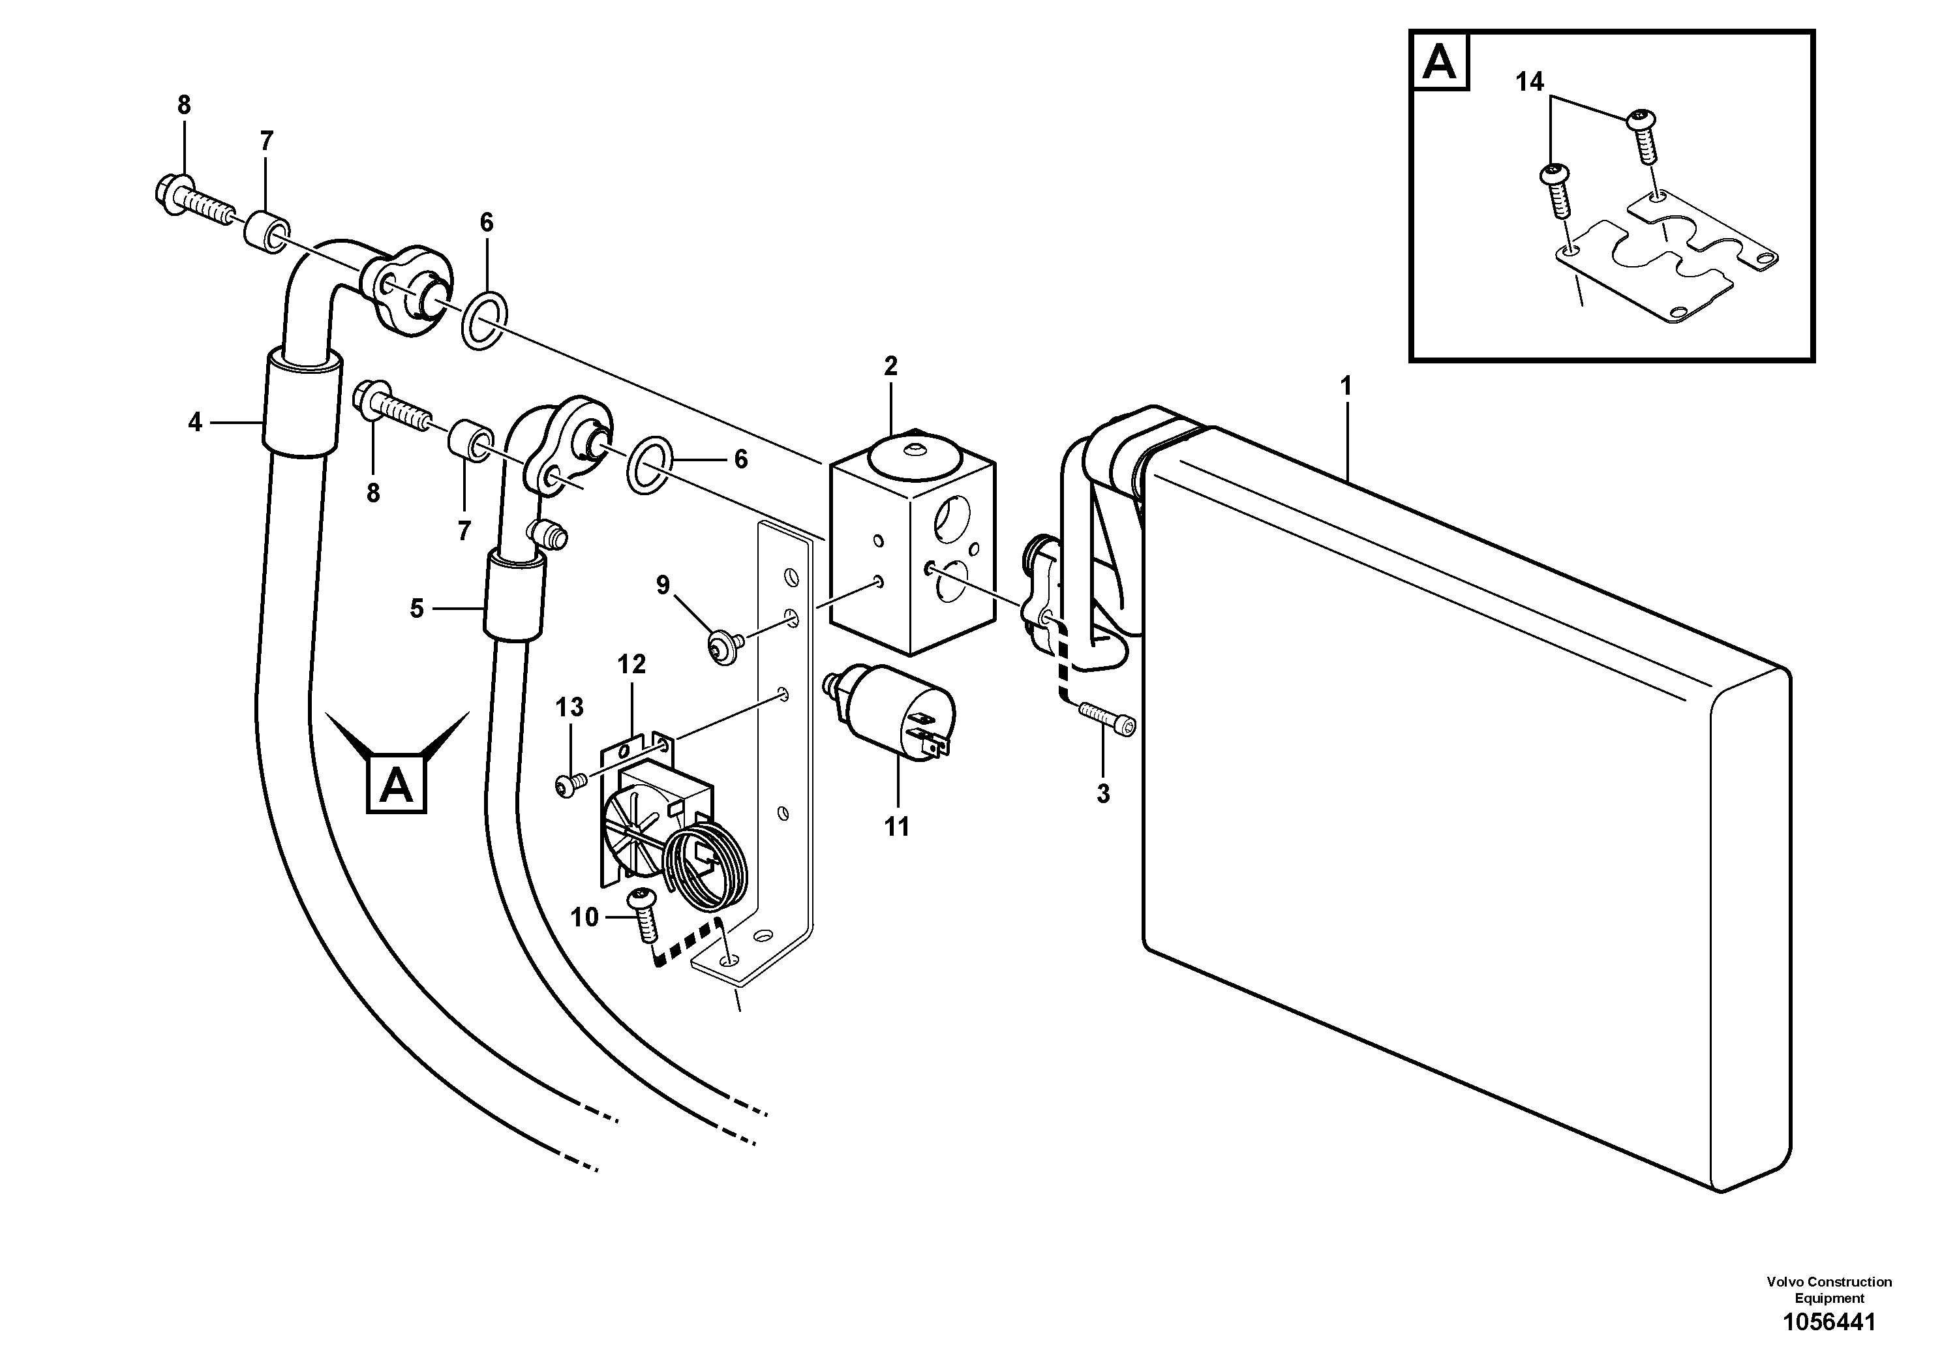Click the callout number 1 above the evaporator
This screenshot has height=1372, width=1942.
coord(1346,387)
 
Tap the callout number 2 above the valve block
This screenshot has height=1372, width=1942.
coord(890,366)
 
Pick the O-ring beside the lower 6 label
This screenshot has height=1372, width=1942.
coord(650,465)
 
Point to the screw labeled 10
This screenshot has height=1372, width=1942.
coord(645,917)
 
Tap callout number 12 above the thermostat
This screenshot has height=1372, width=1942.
coord(631,664)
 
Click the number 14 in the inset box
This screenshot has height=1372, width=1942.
coord(1529,82)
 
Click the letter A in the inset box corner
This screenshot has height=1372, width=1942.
coord(1440,61)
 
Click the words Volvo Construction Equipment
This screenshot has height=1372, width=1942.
coord(1828,1290)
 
